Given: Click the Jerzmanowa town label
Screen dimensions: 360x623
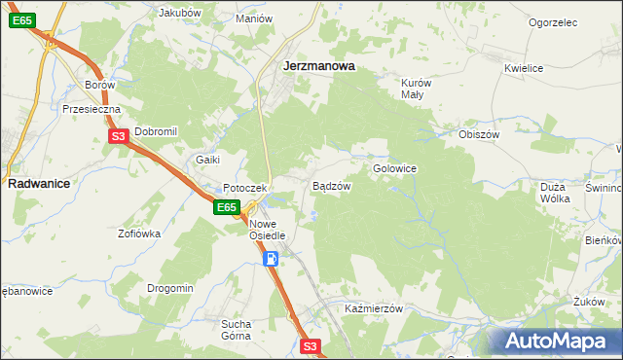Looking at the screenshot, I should pos(317,67).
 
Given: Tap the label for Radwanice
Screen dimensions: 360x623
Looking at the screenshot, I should pos(37,183).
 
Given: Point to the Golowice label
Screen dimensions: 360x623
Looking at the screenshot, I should pos(394,168).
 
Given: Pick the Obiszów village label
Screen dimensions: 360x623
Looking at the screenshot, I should pos(478,134).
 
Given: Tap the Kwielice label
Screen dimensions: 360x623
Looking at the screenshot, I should pos(523,68).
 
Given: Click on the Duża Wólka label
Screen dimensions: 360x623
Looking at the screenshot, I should pos(553,191).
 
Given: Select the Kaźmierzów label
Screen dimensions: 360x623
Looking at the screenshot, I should pos(374,308).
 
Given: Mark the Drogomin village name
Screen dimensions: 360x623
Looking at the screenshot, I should pos(170,288).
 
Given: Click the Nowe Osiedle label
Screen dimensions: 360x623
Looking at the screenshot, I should pos(266,230).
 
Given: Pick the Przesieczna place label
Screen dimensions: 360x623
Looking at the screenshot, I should pos(91,110).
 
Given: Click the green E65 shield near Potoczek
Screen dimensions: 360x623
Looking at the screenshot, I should pos(226,207).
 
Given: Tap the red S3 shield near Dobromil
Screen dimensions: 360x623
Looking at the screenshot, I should pos(117,137).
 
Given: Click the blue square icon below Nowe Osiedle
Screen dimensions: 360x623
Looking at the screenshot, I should pos(272,259).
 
